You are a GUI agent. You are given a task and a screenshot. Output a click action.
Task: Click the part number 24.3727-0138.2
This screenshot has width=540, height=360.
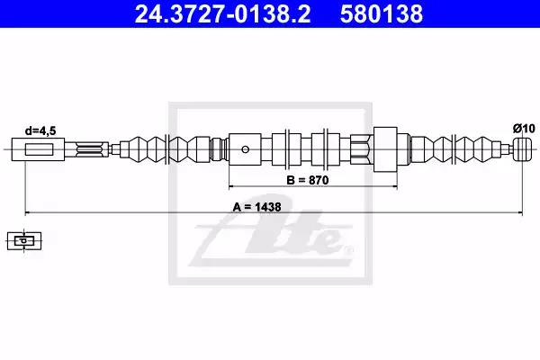222,13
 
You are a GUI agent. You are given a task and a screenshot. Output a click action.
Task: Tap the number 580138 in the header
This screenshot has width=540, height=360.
382,13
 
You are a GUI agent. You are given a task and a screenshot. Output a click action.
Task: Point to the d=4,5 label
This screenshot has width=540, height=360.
40,130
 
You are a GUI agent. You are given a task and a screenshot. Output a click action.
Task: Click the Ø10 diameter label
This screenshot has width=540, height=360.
524,129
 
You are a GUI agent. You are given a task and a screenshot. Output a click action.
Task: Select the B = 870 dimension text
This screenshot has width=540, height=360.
308,180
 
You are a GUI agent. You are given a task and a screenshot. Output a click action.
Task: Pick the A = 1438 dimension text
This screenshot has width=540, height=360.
256,207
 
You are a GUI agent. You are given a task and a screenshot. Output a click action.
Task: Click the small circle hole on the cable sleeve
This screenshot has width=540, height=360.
245,149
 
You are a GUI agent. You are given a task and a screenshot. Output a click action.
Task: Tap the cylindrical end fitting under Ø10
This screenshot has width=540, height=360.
523,149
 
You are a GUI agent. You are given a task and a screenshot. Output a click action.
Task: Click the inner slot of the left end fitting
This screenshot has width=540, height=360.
39,149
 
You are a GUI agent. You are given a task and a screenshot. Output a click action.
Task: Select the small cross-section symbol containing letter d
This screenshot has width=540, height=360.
24,240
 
